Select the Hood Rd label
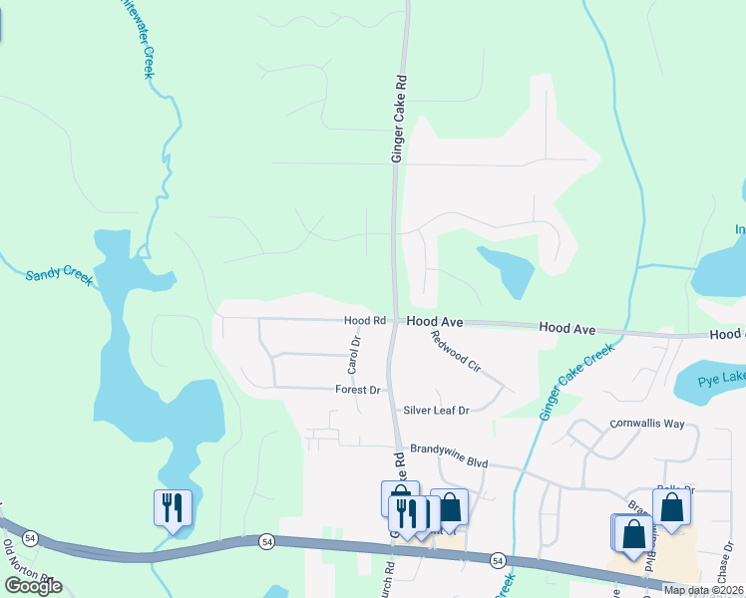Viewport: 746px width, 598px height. pos(365,321)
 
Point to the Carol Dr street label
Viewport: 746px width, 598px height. pos(352,355)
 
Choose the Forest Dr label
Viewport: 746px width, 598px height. pos(359,390)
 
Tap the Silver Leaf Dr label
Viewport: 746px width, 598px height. pos(436,410)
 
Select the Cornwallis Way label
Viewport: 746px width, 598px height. pos(647,424)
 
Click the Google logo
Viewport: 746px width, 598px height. pos(33,586)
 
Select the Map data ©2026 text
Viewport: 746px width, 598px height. pos(703,590)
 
